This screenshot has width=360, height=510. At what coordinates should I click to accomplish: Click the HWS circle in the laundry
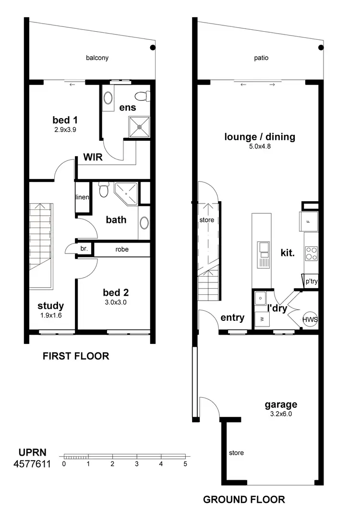tap(310, 319)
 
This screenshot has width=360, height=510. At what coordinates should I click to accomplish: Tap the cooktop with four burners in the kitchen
tap(311, 253)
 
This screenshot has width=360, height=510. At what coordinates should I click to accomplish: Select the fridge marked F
tap(309, 221)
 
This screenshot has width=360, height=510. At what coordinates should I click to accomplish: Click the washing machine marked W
tap(262, 318)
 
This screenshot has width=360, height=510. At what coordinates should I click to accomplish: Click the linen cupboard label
tap(82, 197)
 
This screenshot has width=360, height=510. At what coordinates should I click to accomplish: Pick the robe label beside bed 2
tap(121, 249)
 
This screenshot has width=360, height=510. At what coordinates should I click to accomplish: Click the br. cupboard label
tap(84, 249)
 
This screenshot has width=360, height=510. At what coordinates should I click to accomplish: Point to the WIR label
tap(93, 158)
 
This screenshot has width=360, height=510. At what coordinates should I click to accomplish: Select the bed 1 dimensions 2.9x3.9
tap(65, 130)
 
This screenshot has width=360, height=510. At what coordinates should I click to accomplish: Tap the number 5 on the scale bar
tap(185, 464)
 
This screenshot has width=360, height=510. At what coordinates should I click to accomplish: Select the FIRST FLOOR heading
tap(76, 356)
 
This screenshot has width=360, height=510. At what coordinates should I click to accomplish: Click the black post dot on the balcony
tap(153, 48)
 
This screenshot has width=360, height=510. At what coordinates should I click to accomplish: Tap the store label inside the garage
tap(236, 453)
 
